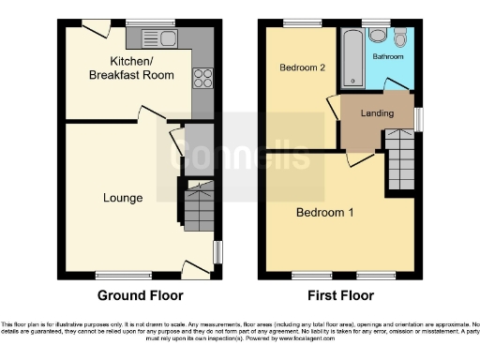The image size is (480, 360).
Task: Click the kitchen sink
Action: click(x=156, y=38)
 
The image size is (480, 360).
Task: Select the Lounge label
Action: click(x=123, y=198)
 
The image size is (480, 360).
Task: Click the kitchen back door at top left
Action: click(x=92, y=31)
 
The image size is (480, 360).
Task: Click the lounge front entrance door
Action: click(x=195, y=268)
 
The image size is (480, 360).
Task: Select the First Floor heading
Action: click(x=339, y=295)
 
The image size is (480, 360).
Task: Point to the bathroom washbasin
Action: click(x=377, y=36)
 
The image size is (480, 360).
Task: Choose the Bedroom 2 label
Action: click(x=302, y=67)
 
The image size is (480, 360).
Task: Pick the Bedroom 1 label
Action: click(x=325, y=212)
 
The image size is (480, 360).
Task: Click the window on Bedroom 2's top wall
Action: click(x=300, y=23)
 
